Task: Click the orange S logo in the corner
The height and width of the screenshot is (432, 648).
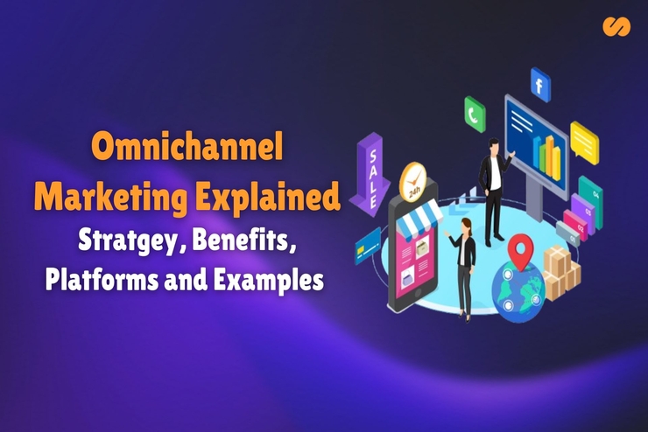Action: point(616,27)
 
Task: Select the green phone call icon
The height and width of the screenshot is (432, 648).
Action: point(475,114)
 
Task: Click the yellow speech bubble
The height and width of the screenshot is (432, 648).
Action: point(584,141)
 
